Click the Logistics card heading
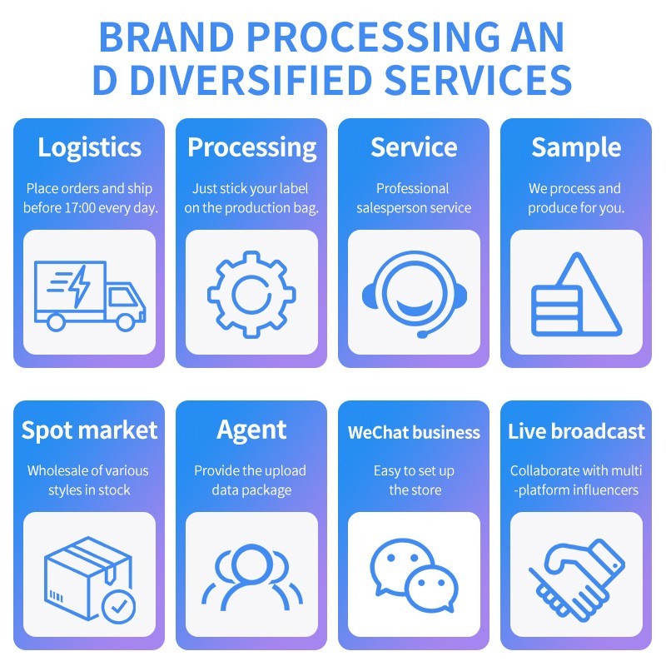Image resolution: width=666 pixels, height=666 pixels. point(89,147)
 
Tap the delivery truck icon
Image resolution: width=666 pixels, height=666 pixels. point(89,293)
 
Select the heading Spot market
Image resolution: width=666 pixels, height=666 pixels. point(89,430)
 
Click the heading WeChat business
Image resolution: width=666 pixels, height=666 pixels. point(414,432)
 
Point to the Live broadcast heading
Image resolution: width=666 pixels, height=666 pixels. point(576,431)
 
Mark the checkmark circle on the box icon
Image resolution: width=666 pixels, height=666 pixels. point(120,606)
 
